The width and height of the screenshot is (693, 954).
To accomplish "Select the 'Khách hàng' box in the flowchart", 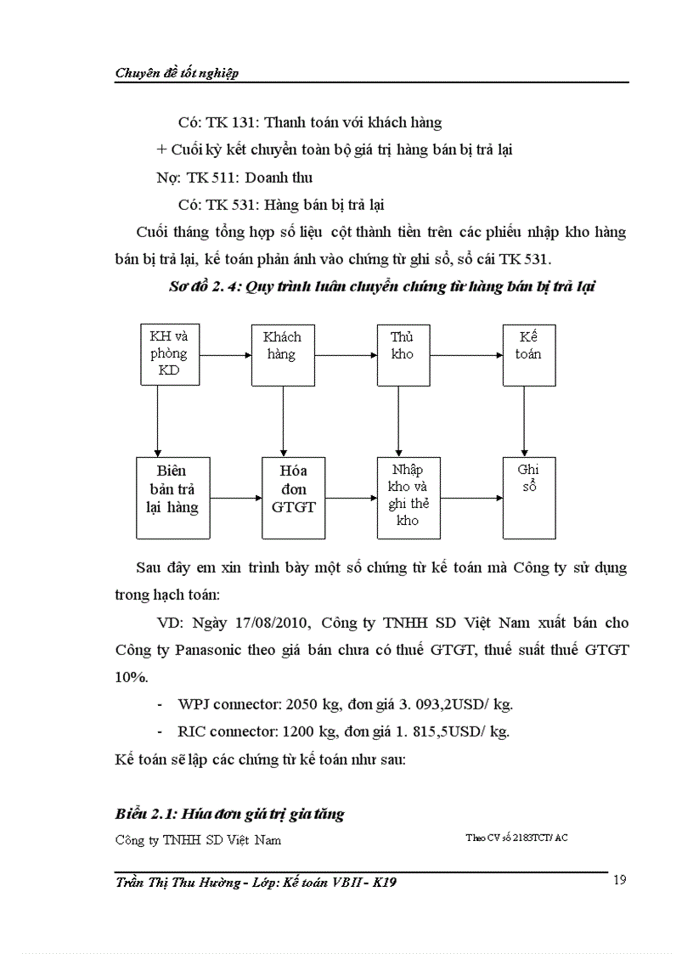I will tap(281, 353).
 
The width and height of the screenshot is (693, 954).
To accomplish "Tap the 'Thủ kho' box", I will tap(403, 353).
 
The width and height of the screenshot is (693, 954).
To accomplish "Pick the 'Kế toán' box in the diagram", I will tap(527, 353).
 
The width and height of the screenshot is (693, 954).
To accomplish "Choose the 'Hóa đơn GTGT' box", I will tap(294, 497).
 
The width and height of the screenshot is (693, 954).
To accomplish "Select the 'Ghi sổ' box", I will tap(527, 497).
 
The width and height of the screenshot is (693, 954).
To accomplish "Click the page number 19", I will tap(619, 879).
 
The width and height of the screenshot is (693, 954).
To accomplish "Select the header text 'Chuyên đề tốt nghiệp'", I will tap(177, 73).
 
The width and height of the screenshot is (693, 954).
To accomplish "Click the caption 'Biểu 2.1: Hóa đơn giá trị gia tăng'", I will tap(229, 814).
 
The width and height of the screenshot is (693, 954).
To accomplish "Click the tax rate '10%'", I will tap(132, 677).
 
